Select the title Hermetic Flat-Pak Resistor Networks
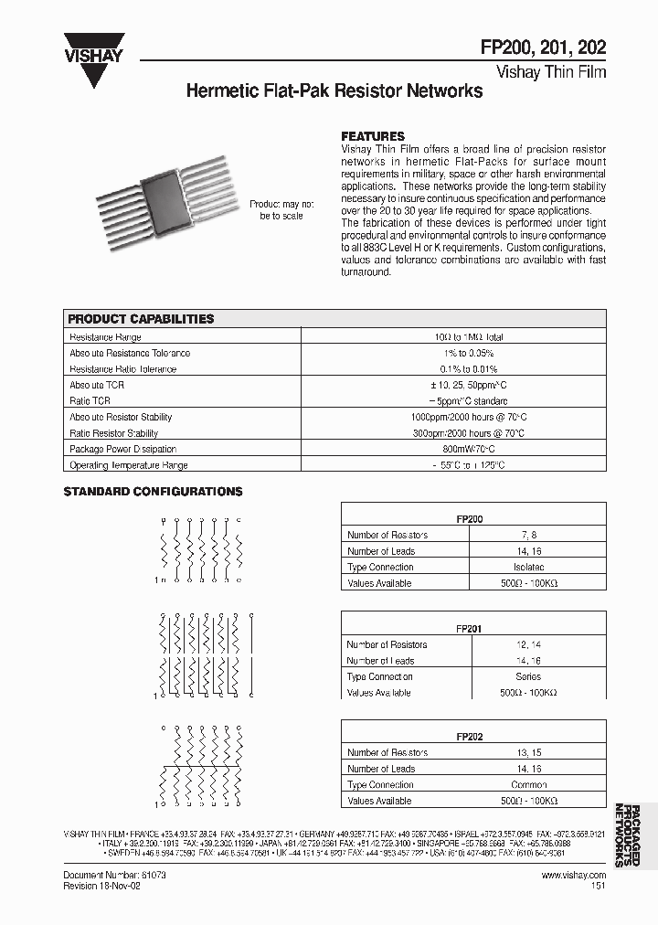pos(334,91)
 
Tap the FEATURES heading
pos(373,136)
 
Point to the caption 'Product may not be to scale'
pos(281,209)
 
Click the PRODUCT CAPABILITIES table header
pos(142,319)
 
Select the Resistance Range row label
pos(105,336)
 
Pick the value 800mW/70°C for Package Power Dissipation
pos(469,449)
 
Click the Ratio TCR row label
pos(90,400)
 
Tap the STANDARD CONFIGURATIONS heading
pos(153,492)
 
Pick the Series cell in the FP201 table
pos(527,676)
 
